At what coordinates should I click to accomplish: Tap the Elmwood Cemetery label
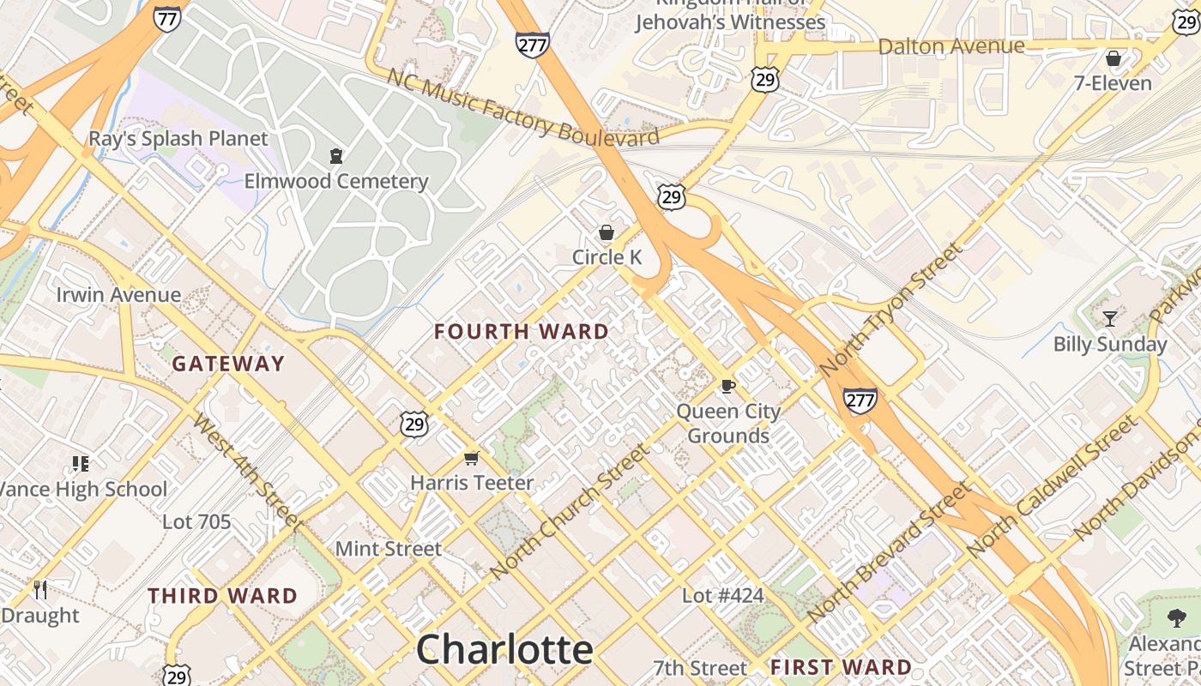335,181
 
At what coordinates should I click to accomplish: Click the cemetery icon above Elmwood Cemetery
335,156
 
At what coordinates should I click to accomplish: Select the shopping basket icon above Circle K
607,232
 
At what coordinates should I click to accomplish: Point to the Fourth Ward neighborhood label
521,332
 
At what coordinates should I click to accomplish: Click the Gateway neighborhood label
228,364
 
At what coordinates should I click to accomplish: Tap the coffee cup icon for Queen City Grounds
727,386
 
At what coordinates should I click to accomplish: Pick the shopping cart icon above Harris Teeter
471,458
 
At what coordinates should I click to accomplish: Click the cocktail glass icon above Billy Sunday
1110,319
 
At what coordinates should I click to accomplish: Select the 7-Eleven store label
1113,83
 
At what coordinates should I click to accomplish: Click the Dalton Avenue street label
951,45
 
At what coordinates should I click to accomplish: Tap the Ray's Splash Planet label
178,138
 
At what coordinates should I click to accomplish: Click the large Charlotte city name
504,649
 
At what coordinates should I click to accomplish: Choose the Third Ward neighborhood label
222,596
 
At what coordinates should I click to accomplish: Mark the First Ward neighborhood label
841,667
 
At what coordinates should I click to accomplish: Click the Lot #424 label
722,595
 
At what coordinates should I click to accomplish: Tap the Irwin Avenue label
118,295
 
